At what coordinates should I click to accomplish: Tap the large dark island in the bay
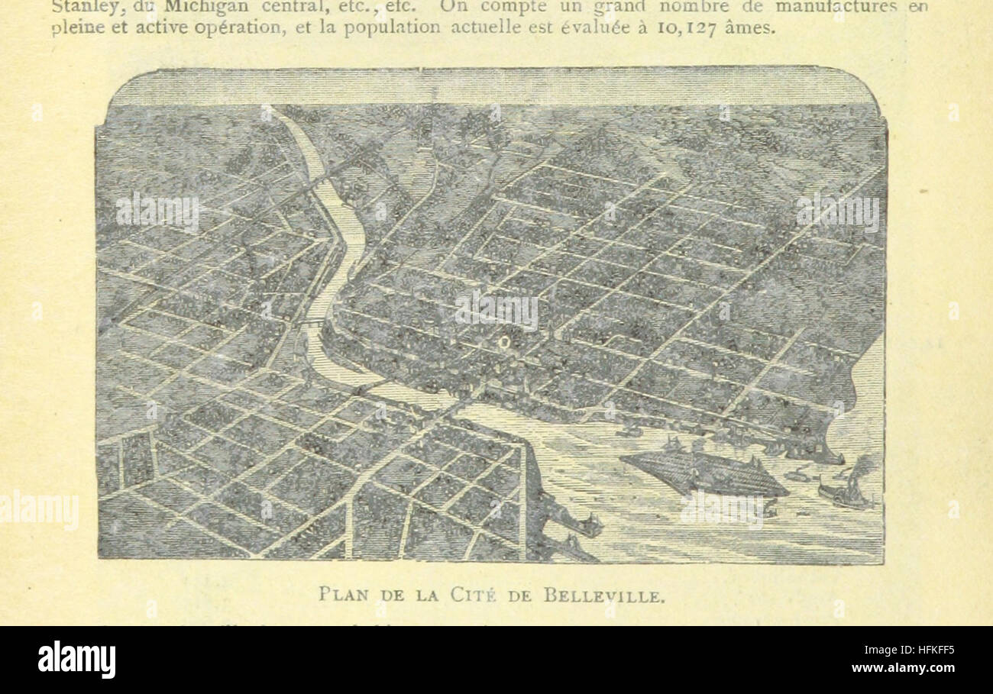[703, 473]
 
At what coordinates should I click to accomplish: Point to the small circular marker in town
[503, 343]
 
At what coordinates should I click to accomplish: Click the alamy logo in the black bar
[76, 659]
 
